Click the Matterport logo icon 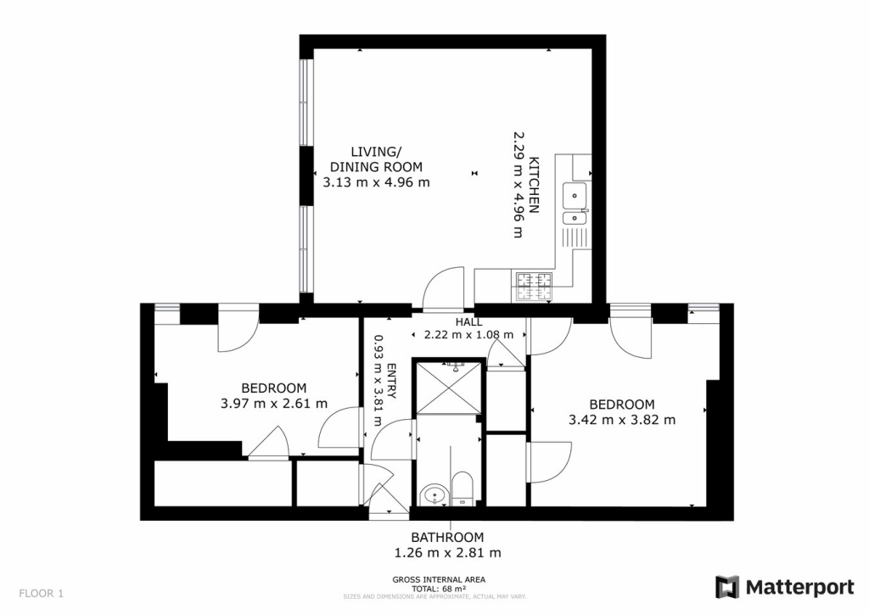[727, 587]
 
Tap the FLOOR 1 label [41, 593]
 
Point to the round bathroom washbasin [434, 493]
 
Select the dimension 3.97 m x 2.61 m [273, 404]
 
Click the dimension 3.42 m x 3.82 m [622, 419]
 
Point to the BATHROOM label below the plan [447, 537]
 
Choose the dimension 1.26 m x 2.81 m [447, 553]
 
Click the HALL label [468, 322]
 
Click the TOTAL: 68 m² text [439, 589]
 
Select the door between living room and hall [443, 288]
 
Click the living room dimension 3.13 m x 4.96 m [376, 181]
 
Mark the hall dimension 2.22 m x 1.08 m [468, 335]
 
